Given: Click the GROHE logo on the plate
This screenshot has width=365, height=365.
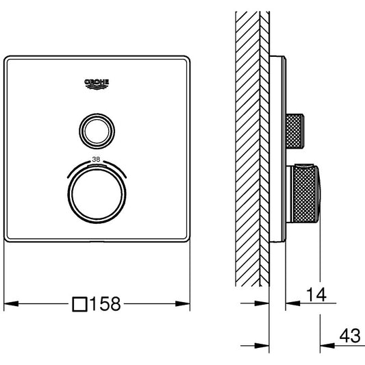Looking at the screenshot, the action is (97, 84).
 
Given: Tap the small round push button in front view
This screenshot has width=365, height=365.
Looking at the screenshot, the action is (97, 131).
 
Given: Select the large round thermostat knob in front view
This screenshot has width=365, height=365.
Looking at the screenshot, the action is (97, 194).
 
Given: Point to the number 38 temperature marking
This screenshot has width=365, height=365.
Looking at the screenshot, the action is (96, 160).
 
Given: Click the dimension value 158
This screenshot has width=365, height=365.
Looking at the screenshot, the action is (105, 304).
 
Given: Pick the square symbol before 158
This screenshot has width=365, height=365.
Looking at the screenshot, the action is (79, 304).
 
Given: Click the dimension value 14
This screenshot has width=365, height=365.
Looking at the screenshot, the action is (316, 294).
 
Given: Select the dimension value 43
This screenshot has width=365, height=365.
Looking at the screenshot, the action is (350, 336).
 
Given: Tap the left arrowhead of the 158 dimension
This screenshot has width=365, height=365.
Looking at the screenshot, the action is (11, 303).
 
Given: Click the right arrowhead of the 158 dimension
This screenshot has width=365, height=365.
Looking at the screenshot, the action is (183, 303).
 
